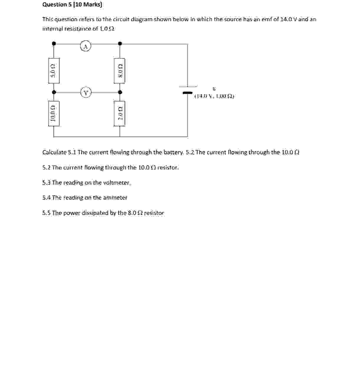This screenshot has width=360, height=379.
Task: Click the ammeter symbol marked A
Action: tap(85, 46)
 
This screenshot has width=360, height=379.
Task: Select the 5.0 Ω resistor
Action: tap(53, 71)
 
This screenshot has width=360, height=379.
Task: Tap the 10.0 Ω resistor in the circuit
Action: tap(53, 114)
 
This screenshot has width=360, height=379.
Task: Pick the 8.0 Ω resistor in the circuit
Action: tap(120, 71)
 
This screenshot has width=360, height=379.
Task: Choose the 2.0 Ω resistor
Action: tap(120, 114)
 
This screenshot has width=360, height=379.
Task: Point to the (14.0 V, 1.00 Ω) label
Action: tap(214, 96)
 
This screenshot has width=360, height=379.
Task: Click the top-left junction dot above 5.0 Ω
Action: tap(54, 44)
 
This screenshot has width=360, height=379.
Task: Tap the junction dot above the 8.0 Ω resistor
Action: tap(120, 44)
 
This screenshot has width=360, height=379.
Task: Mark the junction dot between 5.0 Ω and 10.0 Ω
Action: tap(54, 92)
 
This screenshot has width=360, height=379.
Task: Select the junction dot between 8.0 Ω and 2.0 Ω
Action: tap(120, 92)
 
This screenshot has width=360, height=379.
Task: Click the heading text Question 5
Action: tap(55, 4)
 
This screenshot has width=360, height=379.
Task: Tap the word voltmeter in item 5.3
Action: tap(116, 183)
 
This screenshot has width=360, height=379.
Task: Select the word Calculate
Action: tap(54, 152)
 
